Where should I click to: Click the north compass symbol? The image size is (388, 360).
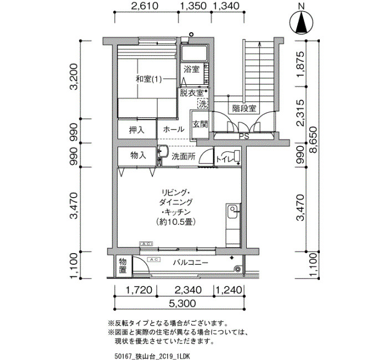301,23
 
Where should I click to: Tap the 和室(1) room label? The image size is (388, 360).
149,79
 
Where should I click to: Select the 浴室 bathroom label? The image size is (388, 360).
192,69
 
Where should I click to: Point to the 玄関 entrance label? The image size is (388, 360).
200,124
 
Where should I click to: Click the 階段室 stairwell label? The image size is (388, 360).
244,109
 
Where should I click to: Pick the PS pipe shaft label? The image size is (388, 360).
244,136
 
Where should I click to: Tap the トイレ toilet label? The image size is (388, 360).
225,159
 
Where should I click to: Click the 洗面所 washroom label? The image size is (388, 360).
183,156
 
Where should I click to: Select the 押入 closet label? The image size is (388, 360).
136,130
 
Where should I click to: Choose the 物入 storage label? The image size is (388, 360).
138,155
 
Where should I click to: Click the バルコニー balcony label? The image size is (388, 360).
190,263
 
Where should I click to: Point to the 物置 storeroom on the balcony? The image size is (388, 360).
122,265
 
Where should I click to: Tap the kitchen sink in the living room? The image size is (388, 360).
232,212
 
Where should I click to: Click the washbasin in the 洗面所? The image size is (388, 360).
163,151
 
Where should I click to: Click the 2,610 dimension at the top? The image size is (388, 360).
145,6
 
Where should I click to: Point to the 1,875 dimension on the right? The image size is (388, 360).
300,64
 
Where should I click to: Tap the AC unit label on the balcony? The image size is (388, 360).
154,260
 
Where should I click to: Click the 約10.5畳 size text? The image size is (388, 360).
176,222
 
